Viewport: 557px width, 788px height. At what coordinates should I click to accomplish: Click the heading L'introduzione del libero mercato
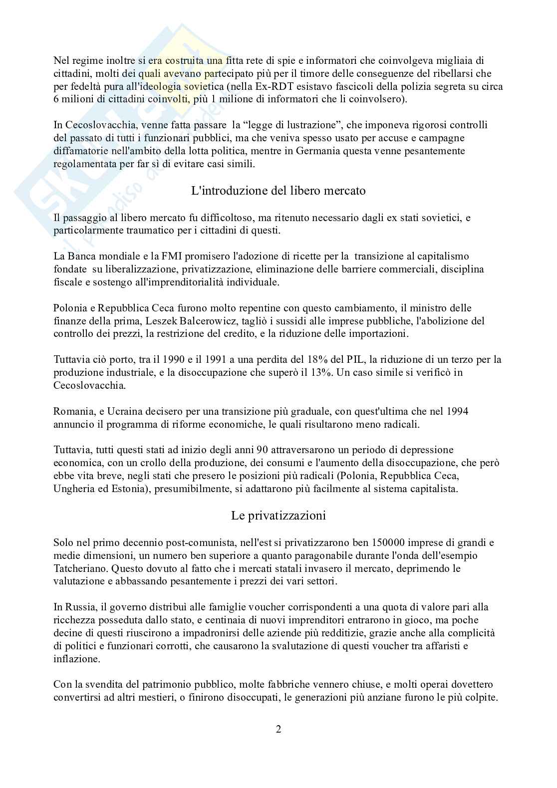[278, 191]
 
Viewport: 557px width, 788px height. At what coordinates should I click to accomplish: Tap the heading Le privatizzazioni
[278, 516]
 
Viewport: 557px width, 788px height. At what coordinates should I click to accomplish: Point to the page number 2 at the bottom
[278, 729]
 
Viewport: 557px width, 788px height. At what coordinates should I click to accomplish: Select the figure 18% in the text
[291, 360]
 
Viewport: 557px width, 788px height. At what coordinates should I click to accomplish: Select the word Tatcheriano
[80, 568]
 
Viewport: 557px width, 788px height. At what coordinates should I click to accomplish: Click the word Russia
[77, 607]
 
